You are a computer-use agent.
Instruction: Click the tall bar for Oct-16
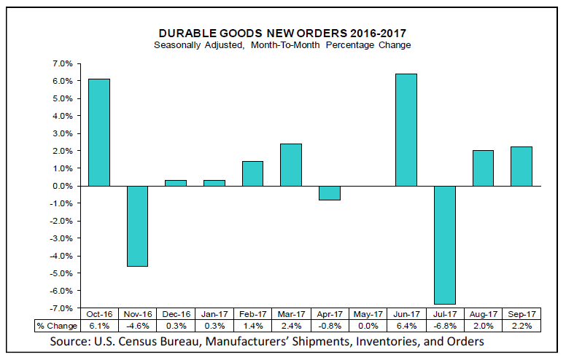tap(98, 132)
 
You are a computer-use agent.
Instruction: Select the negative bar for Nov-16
tap(136, 226)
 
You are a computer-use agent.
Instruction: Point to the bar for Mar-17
tap(290, 165)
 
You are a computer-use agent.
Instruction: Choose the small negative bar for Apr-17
tap(328, 192)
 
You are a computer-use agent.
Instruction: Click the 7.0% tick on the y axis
tap(61, 63)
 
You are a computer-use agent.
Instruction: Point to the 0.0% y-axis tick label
tap(61, 186)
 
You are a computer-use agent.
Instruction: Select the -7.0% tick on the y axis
tap(60, 308)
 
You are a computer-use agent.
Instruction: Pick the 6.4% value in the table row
tap(406, 326)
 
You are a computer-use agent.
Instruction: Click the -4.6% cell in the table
tap(136, 326)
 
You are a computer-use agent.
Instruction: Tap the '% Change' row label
tap(58, 326)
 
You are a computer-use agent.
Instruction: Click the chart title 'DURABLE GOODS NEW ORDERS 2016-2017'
tap(282, 33)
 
